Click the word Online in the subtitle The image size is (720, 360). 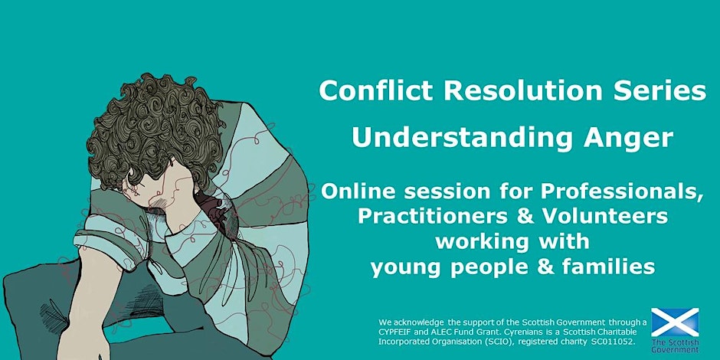point(363,191)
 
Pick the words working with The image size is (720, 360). point(512,241)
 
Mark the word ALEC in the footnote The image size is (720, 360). point(444,332)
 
